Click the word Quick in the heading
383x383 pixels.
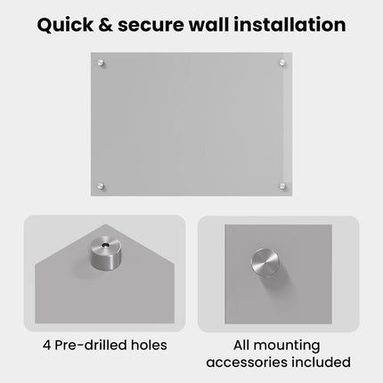pos(65,25)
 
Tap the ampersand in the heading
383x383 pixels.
pos(105,25)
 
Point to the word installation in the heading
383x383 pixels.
pos(289,25)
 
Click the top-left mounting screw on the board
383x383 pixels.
pos(101,63)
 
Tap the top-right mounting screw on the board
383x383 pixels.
pos(282,62)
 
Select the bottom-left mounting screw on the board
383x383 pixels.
pos(101,186)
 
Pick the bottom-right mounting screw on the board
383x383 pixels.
pos(282,186)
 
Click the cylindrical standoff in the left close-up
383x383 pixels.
pos(106,253)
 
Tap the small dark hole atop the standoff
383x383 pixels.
pos(105,245)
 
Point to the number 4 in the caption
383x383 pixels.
pos(46,346)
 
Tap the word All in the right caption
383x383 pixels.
pos(241,345)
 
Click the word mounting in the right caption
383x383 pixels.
pos(287,346)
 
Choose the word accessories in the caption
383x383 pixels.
pos(247,363)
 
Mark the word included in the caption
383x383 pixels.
pos(321,362)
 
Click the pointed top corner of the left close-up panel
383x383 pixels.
pos(106,224)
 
